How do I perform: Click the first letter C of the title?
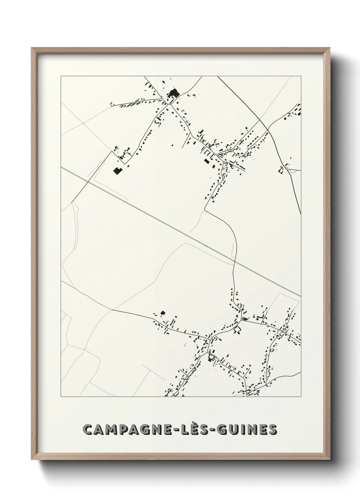[x=89, y=430]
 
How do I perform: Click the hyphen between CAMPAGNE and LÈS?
[x=178, y=430]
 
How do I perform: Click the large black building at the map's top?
[x=175, y=93]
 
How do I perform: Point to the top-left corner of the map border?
[x=61, y=76]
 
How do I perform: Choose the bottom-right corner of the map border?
[x=301, y=397]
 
